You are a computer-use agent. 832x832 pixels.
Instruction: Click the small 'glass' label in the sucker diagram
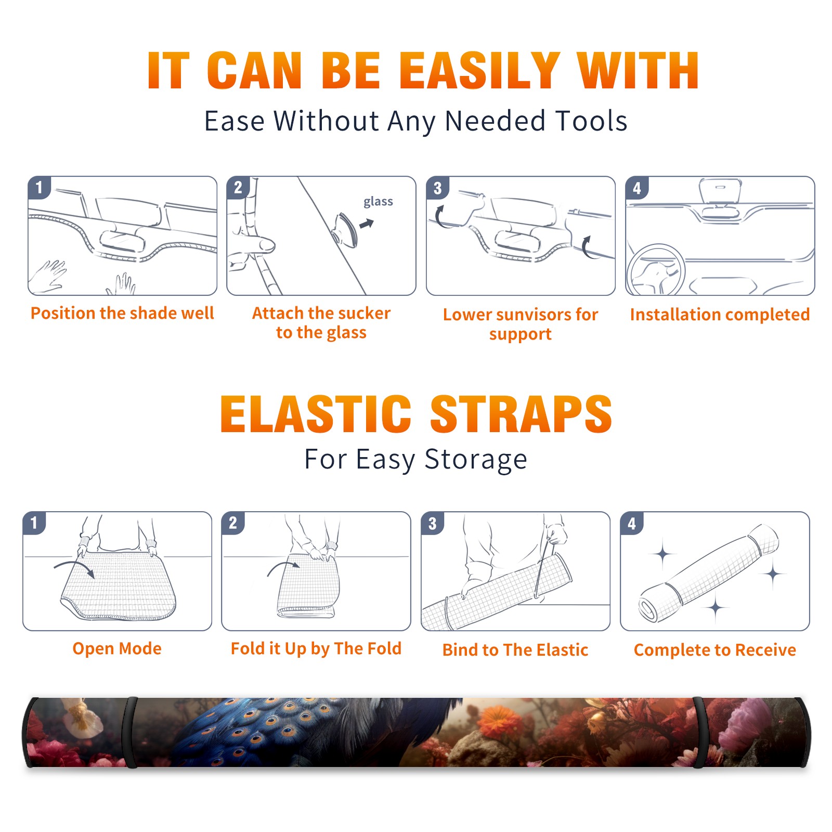pyautogui.click(x=378, y=202)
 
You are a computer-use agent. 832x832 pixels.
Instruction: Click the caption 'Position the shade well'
pyautogui.click(x=122, y=313)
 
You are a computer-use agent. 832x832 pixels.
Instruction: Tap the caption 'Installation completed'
pyautogui.click(x=720, y=315)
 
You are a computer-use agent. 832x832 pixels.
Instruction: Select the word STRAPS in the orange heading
pyautogui.click(x=521, y=414)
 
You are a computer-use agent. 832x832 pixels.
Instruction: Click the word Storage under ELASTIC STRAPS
pyautogui.click(x=476, y=460)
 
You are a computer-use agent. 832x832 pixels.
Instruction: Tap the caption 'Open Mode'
pyautogui.click(x=117, y=648)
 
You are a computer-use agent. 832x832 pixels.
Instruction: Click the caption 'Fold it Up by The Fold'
pyautogui.click(x=316, y=648)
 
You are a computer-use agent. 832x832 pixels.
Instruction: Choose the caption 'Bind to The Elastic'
pyautogui.click(x=515, y=650)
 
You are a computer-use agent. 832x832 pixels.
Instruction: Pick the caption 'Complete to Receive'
pyautogui.click(x=715, y=650)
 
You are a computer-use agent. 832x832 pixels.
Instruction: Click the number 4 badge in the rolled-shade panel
pyautogui.click(x=632, y=523)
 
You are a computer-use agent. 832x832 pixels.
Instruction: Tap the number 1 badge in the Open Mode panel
pyautogui.click(x=34, y=523)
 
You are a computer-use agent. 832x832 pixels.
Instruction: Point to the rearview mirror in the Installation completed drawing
pyautogui.click(x=720, y=192)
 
